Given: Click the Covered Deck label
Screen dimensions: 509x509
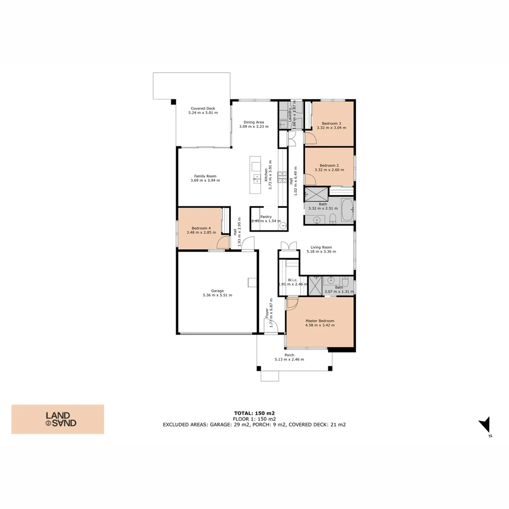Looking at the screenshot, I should tap(203, 108).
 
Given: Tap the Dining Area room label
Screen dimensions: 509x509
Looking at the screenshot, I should tap(254, 122).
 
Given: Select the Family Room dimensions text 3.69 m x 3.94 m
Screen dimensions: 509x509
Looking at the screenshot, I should tap(205, 181).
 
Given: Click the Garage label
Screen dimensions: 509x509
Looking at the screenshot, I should tap(217, 291).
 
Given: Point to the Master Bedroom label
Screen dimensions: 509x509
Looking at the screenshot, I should tap(320, 321).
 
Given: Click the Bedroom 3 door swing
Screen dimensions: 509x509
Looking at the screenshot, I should tap(310, 138).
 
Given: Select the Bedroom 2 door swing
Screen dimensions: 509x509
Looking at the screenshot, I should tap(310, 180).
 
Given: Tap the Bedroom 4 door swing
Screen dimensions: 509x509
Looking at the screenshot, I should tap(223, 243).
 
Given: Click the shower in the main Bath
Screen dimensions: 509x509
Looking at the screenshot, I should tap(316, 193).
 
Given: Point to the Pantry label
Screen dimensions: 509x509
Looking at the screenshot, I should tap(266, 217).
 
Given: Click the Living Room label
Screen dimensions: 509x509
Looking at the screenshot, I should tap(321, 247).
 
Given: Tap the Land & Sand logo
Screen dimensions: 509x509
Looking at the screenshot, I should tap(57, 419).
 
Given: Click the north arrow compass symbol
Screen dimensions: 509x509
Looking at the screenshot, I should tap(485, 426).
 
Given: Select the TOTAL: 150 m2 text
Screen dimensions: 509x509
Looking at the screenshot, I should tap(254, 413).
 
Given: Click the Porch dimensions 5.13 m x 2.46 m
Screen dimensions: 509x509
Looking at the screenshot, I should tap(289, 360).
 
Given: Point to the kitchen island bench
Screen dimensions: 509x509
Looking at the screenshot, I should tap(256, 174).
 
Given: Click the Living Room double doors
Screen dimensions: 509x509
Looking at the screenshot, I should tap(288, 246).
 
